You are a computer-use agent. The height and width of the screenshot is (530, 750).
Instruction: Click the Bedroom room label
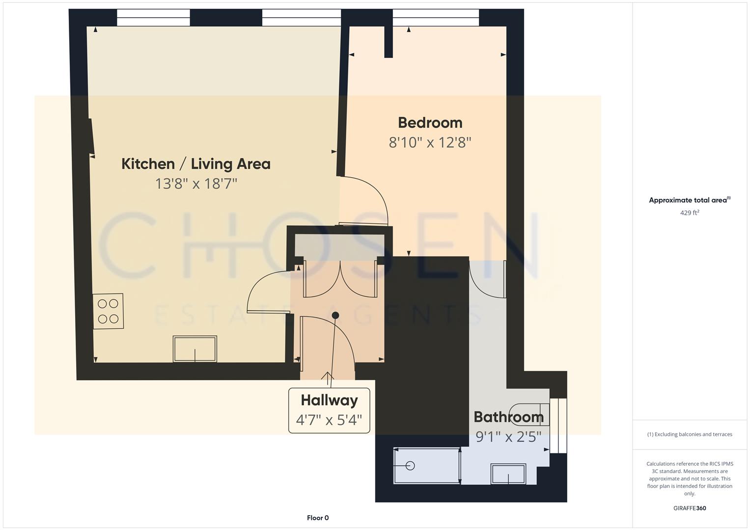[x=430, y=123]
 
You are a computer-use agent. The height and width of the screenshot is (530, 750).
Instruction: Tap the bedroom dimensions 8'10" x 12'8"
[x=430, y=143]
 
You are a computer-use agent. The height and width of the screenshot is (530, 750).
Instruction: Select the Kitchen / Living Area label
[x=195, y=164]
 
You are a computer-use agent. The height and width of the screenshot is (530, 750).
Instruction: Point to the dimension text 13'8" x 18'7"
[x=196, y=184]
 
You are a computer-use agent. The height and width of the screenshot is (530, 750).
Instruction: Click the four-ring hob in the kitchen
[x=108, y=311]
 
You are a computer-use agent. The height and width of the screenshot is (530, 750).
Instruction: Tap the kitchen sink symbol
[x=195, y=349]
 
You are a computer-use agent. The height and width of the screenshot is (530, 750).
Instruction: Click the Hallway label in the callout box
[x=329, y=400]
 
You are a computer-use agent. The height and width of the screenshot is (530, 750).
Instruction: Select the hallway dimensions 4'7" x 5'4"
[x=329, y=420]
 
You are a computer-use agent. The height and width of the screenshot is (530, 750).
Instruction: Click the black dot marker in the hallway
[x=335, y=315]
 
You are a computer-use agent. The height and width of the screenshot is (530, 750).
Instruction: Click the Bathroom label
[x=508, y=417]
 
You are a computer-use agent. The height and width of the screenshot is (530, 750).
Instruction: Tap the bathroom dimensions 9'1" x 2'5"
[x=508, y=436]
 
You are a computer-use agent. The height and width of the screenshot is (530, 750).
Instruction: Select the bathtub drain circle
[x=411, y=466]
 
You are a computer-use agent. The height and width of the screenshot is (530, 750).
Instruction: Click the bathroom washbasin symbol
[x=508, y=474]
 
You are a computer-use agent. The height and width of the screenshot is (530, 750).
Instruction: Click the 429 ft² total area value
[x=689, y=213]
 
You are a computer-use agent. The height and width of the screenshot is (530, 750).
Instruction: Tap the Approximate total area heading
[x=689, y=200]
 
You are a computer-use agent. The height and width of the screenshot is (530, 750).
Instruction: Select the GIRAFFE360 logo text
[x=689, y=508]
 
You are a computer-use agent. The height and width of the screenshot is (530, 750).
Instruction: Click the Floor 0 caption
[x=318, y=518]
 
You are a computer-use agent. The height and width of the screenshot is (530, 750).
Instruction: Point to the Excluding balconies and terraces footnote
[x=689, y=434]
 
